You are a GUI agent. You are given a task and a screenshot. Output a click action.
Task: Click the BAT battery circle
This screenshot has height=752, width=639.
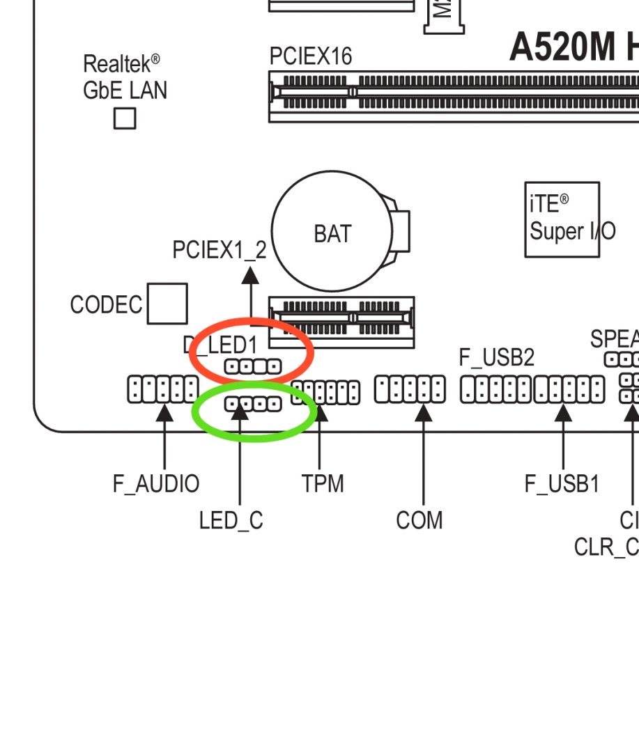[x=324, y=232]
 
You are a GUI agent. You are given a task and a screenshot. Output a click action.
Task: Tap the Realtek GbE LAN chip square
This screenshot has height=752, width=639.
[x=125, y=118]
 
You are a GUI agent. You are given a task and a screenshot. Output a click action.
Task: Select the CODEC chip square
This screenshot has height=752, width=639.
[x=167, y=304]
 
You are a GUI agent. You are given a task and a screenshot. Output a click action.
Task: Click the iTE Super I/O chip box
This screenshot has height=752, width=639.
[x=562, y=219]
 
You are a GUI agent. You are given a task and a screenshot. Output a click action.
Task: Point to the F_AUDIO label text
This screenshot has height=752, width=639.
[x=156, y=483]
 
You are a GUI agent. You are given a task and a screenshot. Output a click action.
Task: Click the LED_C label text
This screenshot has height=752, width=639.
[x=231, y=520]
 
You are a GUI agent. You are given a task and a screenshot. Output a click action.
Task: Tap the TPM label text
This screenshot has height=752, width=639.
[x=323, y=483]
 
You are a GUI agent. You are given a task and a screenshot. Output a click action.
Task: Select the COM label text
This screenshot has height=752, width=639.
[x=419, y=520]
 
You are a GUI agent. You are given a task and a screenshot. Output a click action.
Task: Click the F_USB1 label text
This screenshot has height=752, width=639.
[x=562, y=483]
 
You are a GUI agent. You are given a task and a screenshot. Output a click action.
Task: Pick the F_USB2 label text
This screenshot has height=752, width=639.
[x=496, y=357]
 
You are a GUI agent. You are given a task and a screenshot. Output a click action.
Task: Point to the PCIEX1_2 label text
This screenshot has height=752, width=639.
[x=220, y=250]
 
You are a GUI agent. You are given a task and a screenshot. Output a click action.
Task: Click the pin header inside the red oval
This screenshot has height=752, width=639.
[x=253, y=366]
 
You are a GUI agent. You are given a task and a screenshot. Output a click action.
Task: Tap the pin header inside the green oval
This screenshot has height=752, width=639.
[x=253, y=403]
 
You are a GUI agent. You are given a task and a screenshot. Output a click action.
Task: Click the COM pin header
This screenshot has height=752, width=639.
[x=410, y=389]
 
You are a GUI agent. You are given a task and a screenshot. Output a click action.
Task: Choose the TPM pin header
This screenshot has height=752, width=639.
[x=325, y=392]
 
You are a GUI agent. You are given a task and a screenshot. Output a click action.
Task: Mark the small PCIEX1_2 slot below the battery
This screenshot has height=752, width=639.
[x=341, y=322]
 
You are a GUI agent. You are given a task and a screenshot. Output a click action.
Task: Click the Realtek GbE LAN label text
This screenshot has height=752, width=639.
[x=125, y=77]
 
